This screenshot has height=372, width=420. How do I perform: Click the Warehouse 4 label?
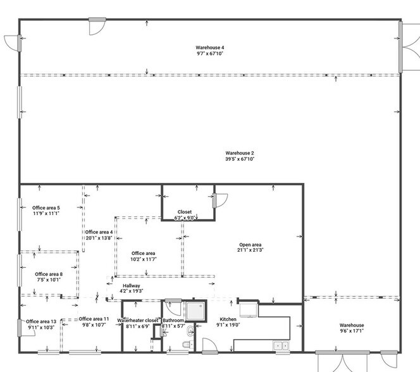(210, 47)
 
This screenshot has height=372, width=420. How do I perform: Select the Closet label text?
(185, 212)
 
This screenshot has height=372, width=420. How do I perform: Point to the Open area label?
(250, 245)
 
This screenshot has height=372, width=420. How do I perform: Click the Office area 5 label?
(46, 208)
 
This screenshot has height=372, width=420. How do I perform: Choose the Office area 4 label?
(99, 232)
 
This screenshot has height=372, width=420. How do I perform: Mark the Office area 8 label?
(49, 274)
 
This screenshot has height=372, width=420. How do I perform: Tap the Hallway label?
(132, 285)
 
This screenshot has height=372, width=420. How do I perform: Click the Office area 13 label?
(41, 321)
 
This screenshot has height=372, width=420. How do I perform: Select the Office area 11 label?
(94, 319)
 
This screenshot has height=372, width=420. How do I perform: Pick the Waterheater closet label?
(137, 321)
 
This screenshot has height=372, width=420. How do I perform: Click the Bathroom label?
(173, 321)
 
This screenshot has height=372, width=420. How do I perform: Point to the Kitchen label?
(228, 319)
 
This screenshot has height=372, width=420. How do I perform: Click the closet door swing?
(222, 201)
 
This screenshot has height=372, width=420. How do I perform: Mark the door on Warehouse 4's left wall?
(12, 43)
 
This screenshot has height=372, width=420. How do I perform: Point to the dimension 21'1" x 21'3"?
(250, 251)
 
